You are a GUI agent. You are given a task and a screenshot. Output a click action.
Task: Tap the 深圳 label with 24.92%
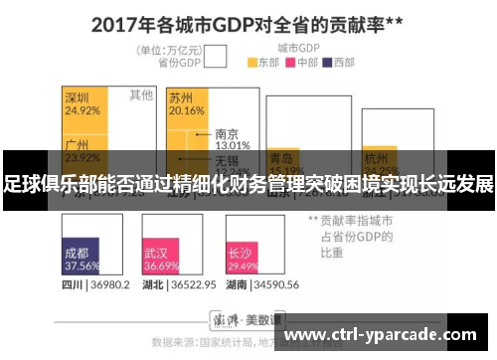82,103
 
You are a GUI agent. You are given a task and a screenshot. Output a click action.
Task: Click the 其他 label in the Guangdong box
140,95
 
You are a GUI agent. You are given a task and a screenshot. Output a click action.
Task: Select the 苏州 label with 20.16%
185,103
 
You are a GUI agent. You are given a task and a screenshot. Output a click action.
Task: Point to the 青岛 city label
281,158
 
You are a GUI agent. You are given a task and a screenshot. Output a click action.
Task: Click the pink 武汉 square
161,257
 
